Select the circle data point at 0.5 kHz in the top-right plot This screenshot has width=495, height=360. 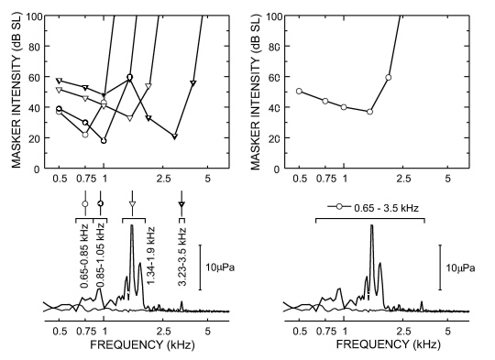click(x=299, y=91)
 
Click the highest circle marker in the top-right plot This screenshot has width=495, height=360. click(x=389, y=77)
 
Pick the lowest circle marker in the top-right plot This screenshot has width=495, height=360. click(x=369, y=112)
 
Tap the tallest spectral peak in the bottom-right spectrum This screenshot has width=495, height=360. click(x=371, y=226)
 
